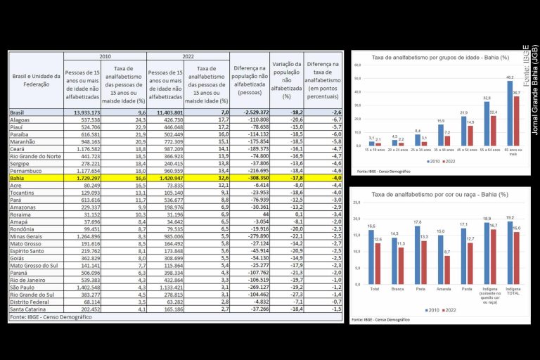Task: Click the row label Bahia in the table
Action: point(18,178)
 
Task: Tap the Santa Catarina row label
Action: point(28,309)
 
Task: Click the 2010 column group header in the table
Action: point(104,56)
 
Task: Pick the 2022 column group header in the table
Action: point(188,56)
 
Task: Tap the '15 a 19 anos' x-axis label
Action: point(374,150)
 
